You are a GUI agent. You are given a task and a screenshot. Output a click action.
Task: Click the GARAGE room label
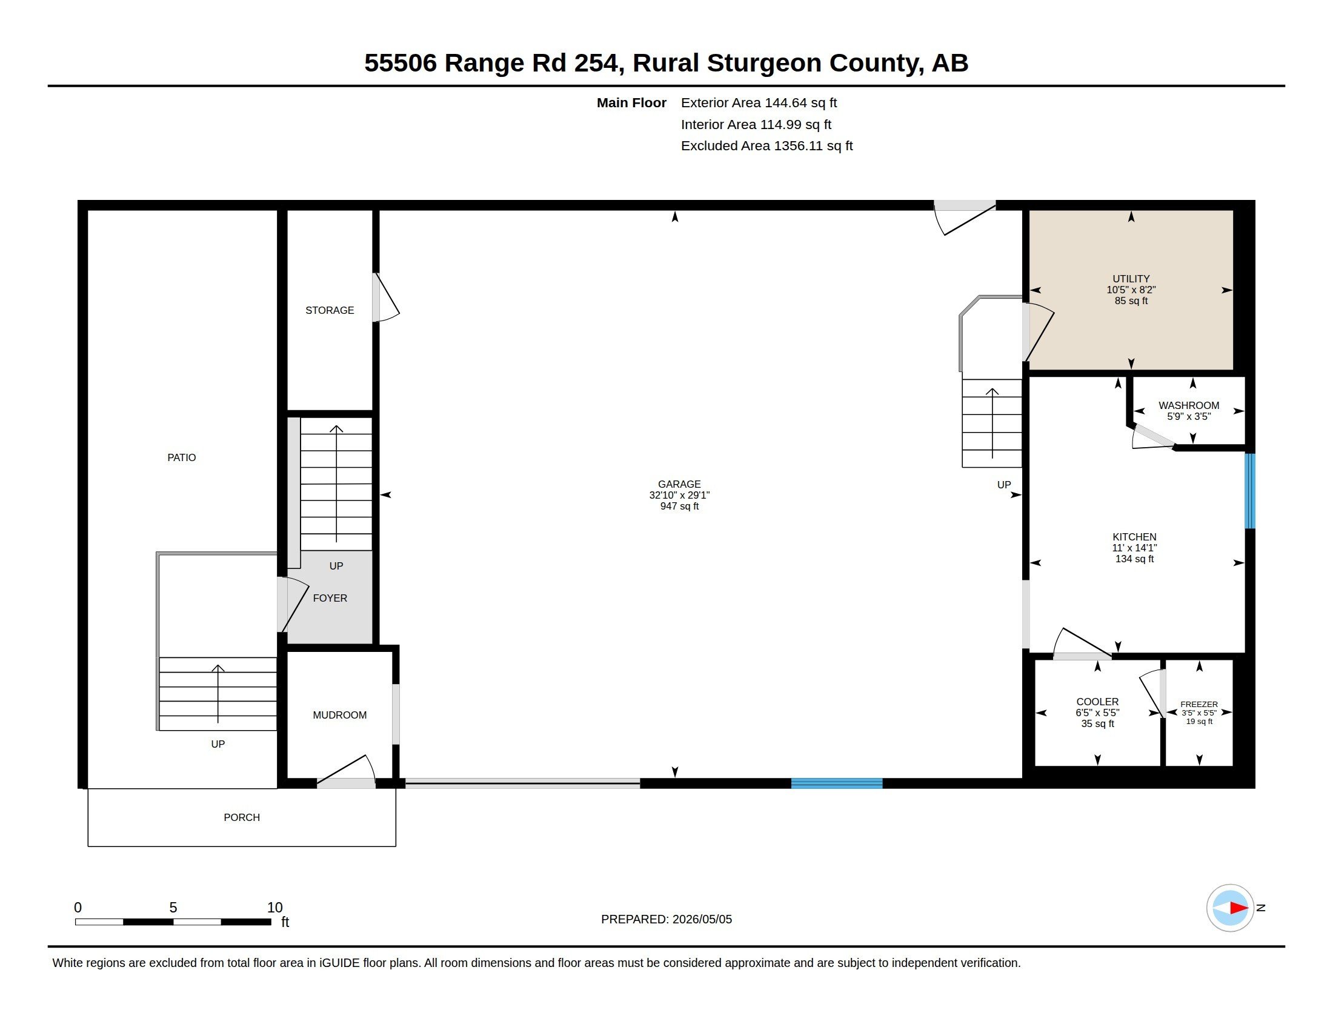679,484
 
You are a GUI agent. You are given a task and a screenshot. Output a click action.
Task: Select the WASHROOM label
1188,405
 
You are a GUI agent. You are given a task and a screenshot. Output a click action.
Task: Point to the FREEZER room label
1198,704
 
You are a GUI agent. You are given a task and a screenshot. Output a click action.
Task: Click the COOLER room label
1097,702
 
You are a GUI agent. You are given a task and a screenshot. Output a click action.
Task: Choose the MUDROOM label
339,715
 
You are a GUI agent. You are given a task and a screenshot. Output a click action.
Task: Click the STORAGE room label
330,311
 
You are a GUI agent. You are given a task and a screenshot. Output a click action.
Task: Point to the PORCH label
242,818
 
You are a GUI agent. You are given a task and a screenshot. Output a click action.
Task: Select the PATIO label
182,457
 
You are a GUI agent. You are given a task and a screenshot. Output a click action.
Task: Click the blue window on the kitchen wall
1250,491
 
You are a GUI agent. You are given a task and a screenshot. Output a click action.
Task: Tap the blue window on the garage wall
837,783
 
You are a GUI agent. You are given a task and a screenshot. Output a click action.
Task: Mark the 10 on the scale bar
274,908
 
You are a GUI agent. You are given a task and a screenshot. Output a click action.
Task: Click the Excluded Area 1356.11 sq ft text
766,146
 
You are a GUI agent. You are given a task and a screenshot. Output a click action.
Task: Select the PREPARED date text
666,919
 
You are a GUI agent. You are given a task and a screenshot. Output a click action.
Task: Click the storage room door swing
387,297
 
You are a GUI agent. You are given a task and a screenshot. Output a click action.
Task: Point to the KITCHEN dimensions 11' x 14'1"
1134,548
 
